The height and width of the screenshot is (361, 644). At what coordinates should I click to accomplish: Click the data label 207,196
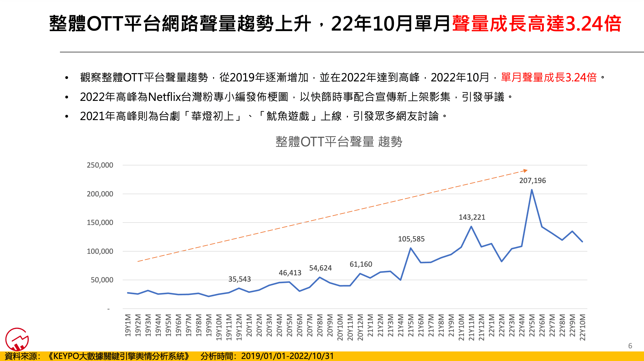click(532, 180)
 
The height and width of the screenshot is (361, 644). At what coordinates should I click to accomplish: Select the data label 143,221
click(472, 217)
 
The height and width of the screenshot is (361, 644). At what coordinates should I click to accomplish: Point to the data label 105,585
click(411, 239)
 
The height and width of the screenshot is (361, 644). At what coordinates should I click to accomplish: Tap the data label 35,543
click(240, 279)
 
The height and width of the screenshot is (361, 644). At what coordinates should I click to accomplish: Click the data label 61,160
click(361, 264)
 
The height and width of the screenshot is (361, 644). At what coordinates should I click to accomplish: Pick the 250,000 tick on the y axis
click(100, 165)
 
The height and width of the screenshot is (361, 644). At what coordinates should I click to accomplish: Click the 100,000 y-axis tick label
click(100, 251)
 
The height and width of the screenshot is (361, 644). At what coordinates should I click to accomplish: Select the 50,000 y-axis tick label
click(102, 280)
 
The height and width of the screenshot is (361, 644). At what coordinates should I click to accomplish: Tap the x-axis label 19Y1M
click(128, 325)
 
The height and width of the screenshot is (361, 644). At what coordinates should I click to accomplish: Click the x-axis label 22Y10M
click(583, 327)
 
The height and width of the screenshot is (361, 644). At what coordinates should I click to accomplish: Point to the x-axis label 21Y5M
click(411, 325)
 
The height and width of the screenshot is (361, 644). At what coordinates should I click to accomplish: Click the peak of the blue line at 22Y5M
click(532, 190)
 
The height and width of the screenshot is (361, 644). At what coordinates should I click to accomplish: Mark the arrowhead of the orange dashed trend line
click(526, 171)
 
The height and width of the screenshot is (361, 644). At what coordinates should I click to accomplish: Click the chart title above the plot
click(339, 142)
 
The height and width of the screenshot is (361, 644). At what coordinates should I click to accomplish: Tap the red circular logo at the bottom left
click(17, 339)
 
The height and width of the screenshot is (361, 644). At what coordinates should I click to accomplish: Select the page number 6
click(630, 346)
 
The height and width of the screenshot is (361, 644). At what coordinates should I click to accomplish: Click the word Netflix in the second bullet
click(164, 97)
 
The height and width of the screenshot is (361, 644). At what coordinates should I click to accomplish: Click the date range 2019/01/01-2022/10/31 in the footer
click(287, 356)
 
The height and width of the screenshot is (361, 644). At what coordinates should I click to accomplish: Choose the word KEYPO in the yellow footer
click(66, 356)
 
